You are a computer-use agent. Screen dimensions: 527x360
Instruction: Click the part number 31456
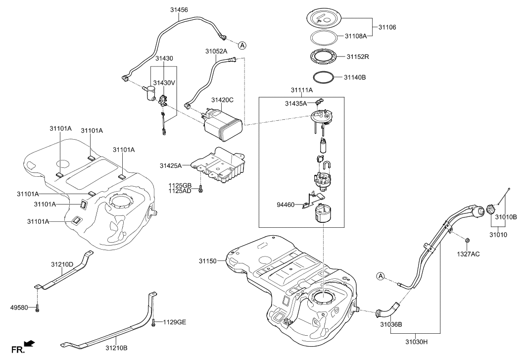point(179,10)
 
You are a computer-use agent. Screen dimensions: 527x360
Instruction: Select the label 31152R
point(358,57)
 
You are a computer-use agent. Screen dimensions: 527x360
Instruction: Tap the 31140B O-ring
point(323,77)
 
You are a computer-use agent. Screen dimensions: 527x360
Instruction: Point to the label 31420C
point(222,100)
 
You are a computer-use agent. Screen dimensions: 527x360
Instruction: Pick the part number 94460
point(286,204)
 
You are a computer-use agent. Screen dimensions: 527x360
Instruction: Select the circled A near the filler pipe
point(380,276)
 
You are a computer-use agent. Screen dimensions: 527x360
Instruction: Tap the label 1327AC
point(468,254)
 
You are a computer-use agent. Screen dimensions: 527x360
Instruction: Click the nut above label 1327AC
point(468,240)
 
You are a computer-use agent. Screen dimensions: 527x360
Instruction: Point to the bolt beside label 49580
point(37,308)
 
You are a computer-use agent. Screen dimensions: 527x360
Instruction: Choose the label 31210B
point(116,348)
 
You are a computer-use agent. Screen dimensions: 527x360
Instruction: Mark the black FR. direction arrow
point(30,343)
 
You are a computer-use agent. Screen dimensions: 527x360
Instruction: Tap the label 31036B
point(391,325)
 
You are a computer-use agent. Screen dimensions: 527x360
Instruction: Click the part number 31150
point(208,261)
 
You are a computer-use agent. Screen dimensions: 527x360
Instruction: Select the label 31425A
point(170,165)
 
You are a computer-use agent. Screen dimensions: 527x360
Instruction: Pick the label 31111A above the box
point(302,90)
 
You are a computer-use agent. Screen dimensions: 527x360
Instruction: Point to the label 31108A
point(356,36)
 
